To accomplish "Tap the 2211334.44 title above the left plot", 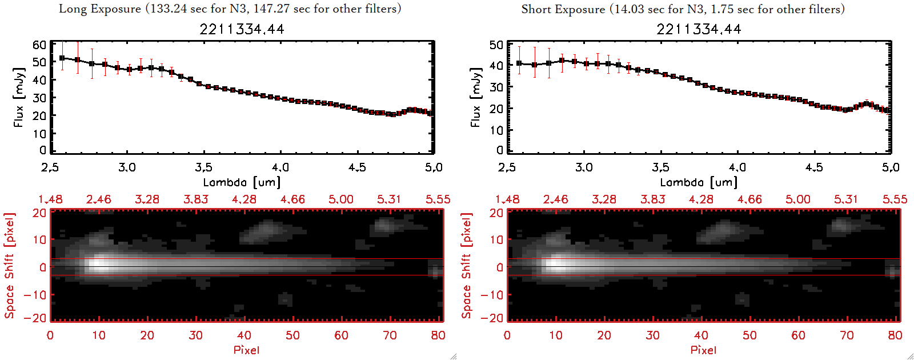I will click(242, 29).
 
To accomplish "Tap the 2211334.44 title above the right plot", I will click(699, 29).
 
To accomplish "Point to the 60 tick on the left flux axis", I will click(39, 45).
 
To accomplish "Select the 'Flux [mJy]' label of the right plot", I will click(475, 97).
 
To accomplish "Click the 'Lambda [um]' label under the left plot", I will click(242, 182).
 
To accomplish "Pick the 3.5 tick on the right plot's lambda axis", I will click(660, 167).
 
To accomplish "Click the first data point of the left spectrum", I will click(62, 58).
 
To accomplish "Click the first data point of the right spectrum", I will click(519, 63).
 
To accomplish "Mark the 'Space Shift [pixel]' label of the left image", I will click(10, 265).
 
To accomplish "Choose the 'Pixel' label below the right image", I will click(703, 350).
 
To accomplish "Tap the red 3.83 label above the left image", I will click(195, 199).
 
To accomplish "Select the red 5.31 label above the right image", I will click(846, 199).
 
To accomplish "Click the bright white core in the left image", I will click(98, 265).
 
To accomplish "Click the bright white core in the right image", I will click(555, 265).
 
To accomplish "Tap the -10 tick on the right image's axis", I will click(491, 295).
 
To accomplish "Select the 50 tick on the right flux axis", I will click(496, 45).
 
